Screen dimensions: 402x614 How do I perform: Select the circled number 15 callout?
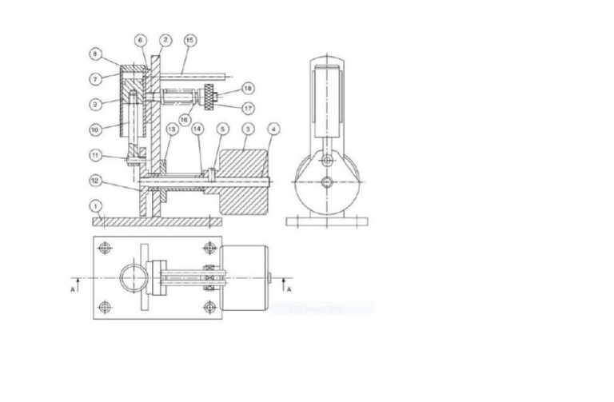(x=189, y=39)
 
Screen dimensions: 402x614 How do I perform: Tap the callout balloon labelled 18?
(x=248, y=88)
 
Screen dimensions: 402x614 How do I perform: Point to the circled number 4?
(x=272, y=129)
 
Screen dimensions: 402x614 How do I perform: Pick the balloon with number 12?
(x=95, y=180)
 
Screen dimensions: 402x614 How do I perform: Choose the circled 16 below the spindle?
(x=185, y=119)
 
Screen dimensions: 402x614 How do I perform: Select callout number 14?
(x=197, y=129)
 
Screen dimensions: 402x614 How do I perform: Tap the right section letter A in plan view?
(x=289, y=288)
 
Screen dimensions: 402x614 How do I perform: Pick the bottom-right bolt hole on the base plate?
(x=210, y=306)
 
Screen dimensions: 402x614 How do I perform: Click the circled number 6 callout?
(x=141, y=39)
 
